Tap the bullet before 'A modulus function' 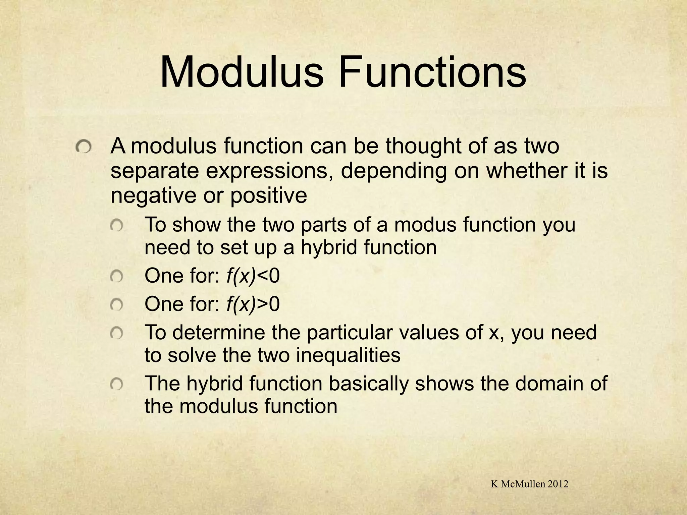[83, 148]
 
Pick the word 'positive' [268, 196]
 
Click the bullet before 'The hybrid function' [117, 384]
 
